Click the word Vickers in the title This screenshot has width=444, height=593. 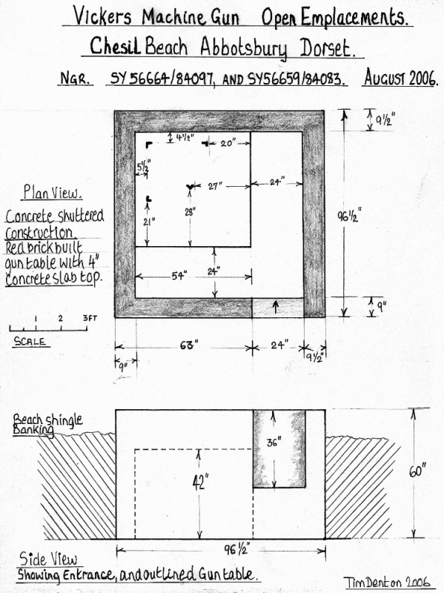(x=102, y=16)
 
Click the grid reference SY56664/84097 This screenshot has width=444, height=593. (x=161, y=79)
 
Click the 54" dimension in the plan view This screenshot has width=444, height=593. (x=179, y=276)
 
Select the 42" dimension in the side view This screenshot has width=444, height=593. (x=200, y=483)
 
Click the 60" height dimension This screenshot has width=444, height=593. (x=417, y=471)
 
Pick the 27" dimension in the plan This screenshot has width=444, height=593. (x=215, y=186)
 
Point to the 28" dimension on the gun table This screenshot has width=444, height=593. (x=190, y=212)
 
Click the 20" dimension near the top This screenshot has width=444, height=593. (x=228, y=143)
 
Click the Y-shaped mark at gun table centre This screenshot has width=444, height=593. (x=190, y=187)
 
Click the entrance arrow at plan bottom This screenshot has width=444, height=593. (x=275, y=307)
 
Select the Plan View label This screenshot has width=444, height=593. (x=52, y=193)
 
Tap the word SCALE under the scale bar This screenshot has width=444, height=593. (x=30, y=341)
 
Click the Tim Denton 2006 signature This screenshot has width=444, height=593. (x=387, y=582)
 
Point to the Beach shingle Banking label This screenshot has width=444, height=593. (x=47, y=423)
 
